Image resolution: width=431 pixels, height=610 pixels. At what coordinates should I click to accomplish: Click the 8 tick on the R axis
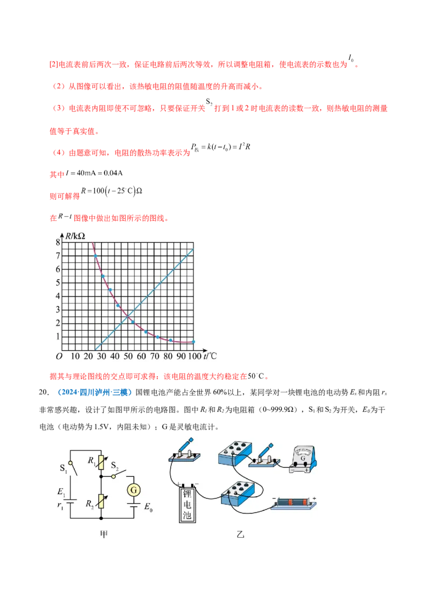coord(58,242)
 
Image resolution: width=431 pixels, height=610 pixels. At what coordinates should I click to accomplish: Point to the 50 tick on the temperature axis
coord(128,357)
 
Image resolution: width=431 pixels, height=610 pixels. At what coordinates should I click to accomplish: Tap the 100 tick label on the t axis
coord(193,357)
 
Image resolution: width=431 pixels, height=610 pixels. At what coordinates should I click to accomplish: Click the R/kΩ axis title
coord(75,235)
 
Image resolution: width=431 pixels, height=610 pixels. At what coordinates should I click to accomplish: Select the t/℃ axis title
coord(210,356)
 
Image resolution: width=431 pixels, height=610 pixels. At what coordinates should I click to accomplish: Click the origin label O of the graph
coord(59,357)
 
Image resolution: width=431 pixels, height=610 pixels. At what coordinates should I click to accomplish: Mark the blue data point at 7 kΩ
coord(96,256)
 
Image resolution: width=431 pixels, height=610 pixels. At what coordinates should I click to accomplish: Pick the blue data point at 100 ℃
coord(193,342)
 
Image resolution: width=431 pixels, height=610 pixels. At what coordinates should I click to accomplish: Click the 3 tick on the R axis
coord(58,309)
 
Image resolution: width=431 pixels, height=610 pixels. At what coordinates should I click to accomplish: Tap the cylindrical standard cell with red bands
coord(294,503)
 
